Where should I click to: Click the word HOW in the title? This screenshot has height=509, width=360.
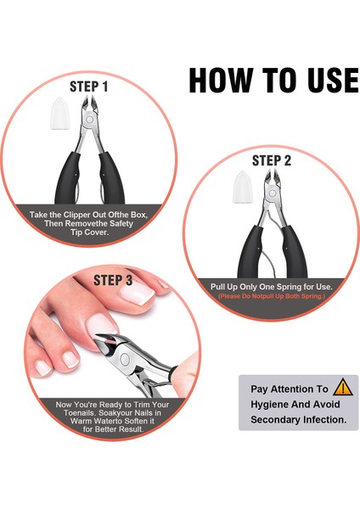(x=221, y=80)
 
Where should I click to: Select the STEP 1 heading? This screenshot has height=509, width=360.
(x=88, y=87)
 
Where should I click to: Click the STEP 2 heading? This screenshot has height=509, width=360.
(x=272, y=160)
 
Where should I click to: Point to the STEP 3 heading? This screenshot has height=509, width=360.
(x=113, y=280)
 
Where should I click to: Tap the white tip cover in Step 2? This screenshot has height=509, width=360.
(x=242, y=187)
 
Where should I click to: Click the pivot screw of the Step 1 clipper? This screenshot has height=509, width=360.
(x=90, y=120)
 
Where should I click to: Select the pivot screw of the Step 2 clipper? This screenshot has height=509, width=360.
(x=273, y=193)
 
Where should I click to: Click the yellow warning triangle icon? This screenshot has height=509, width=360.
(x=343, y=387)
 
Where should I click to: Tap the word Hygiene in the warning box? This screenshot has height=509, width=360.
(x=268, y=405)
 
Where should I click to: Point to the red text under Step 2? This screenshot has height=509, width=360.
(x=272, y=296)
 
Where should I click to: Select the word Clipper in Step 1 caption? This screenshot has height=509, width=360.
(x=77, y=215)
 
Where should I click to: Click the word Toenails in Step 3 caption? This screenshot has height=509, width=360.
(x=80, y=413)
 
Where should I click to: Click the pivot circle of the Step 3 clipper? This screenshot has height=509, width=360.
(x=125, y=359)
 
